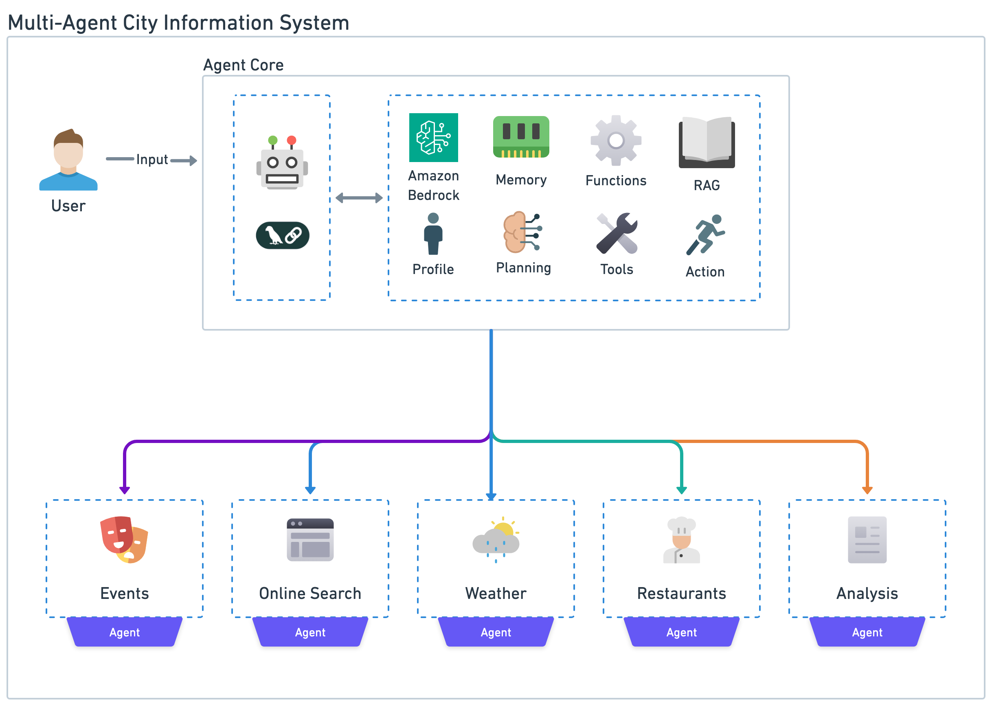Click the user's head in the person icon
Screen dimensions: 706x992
tap(69, 152)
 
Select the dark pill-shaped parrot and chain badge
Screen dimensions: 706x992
tap(283, 236)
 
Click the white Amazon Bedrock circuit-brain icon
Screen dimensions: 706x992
tap(433, 138)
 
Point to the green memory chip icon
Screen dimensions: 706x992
tap(522, 138)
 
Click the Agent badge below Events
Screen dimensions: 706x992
tap(124, 632)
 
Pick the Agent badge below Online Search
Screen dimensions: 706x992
tap(310, 632)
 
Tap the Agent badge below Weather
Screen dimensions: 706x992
tap(496, 632)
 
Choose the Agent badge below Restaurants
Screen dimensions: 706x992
tap(681, 632)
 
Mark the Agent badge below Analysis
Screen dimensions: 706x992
tap(867, 632)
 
